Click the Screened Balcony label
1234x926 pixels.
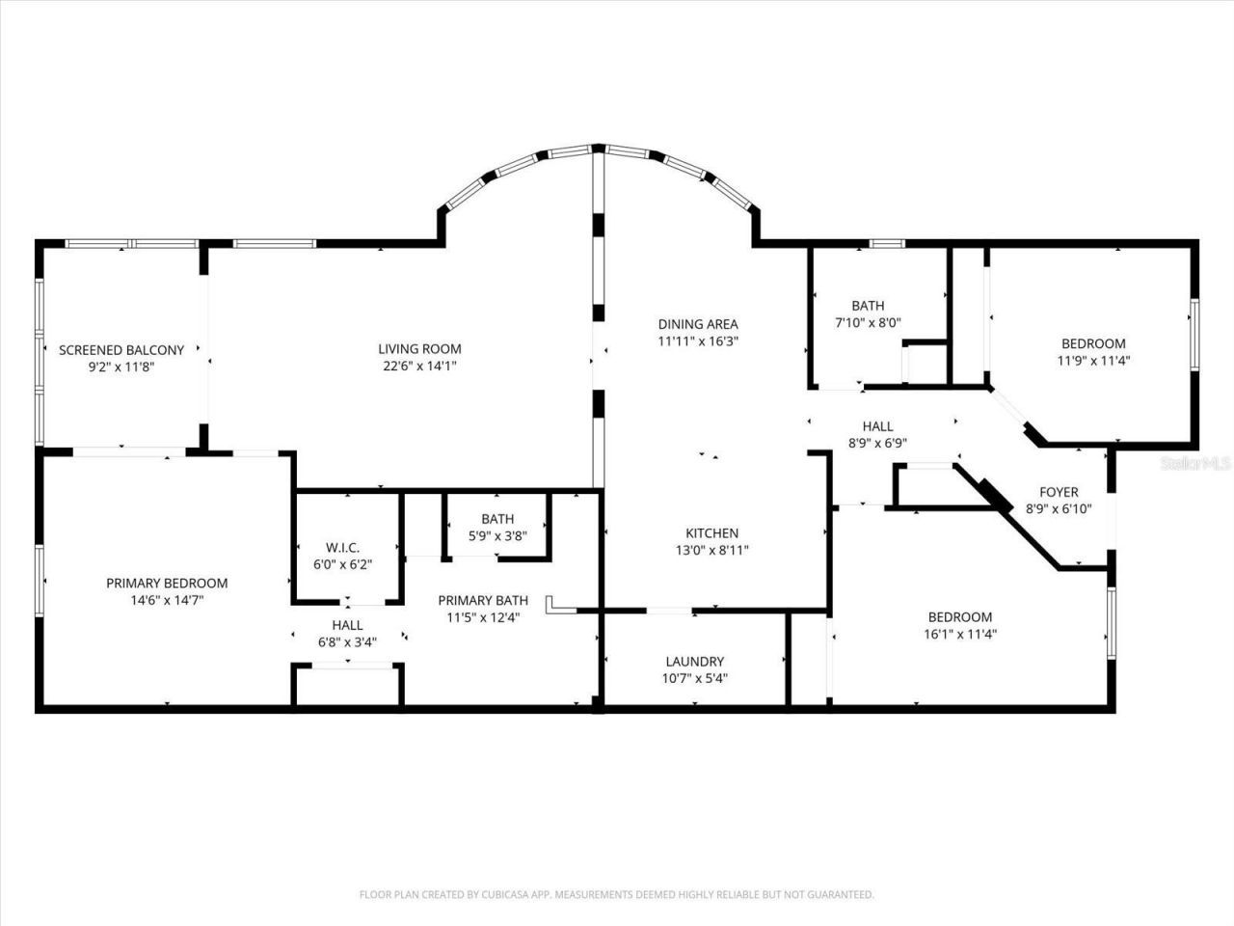click(x=121, y=350)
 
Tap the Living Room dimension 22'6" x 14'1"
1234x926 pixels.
click(x=419, y=366)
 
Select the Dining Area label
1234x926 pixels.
click(x=698, y=324)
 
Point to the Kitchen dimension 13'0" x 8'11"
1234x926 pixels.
click(x=711, y=550)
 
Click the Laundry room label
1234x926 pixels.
click(x=694, y=662)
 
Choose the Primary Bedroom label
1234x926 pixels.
click(x=167, y=583)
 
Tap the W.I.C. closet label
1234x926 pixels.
click(x=342, y=548)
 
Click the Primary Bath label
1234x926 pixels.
click(x=483, y=600)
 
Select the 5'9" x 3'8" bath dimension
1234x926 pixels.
click(x=497, y=535)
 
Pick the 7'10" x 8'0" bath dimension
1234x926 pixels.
click(x=868, y=323)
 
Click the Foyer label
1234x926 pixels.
click(x=1059, y=492)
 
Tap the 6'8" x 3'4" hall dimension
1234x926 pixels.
click(x=347, y=641)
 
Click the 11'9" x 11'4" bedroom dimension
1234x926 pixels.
click(x=1093, y=361)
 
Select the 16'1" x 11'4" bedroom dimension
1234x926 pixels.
click(x=960, y=634)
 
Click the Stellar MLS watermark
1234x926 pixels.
click(x=1196, y=464)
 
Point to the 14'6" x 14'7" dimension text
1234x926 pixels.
click(x=167, y=600)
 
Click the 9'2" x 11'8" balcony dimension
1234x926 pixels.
click(x=121, y=367)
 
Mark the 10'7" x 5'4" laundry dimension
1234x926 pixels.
click(x=694, y=678)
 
